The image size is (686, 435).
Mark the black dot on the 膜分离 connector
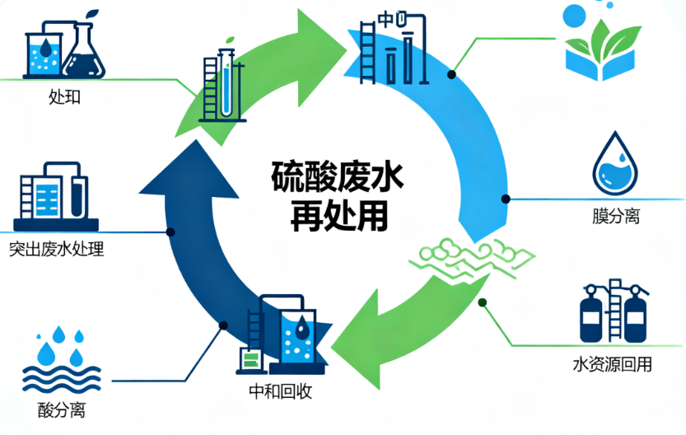[x=506, y=199]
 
